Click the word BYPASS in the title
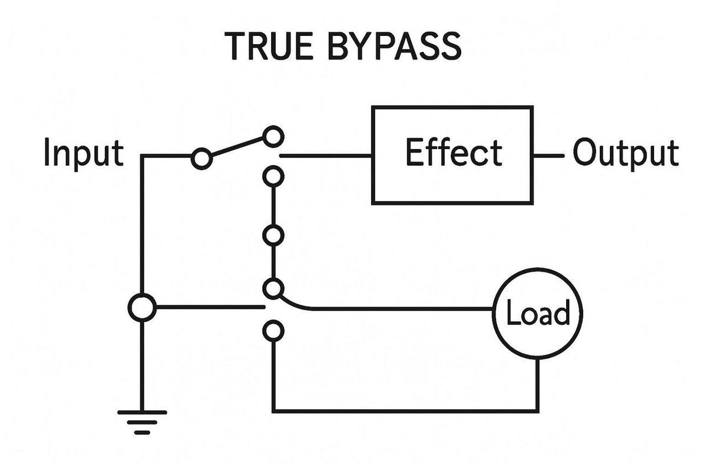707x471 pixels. point(395,45)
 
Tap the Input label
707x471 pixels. point(84,153)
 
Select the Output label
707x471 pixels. point(626,153)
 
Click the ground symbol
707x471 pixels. point(142,421)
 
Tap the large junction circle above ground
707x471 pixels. point(142,308)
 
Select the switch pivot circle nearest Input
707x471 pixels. point(201,159)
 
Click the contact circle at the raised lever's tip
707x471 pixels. point(272,136)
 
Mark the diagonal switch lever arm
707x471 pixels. point(237,147)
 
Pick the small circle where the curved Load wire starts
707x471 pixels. point(272,288)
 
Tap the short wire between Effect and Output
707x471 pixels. point(549,156)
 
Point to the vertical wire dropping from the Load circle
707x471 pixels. point(538,383)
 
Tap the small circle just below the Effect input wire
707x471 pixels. point(272,176)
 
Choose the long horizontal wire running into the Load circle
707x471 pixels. point(401,308)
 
